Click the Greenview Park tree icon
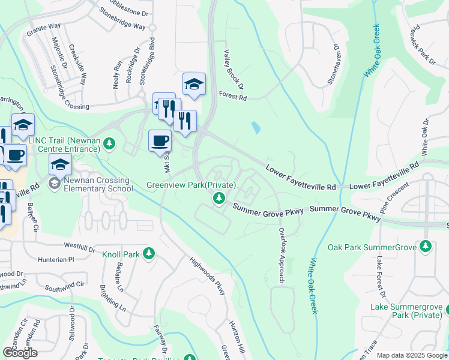[x=220, y=198]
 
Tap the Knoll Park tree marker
[x=149, y=254]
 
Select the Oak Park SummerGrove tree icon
[x=426, y=247]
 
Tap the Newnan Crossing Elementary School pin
[x=55, y=182]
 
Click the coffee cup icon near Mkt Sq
[x=160, y=142]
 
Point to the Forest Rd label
[x=233, y=94]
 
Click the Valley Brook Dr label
[x=234, y=70]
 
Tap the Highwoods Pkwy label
[x=207, y=277]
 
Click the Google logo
[x=20, y=353]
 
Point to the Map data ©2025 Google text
[x=411, y=355]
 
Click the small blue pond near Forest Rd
[x=256, y=128]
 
